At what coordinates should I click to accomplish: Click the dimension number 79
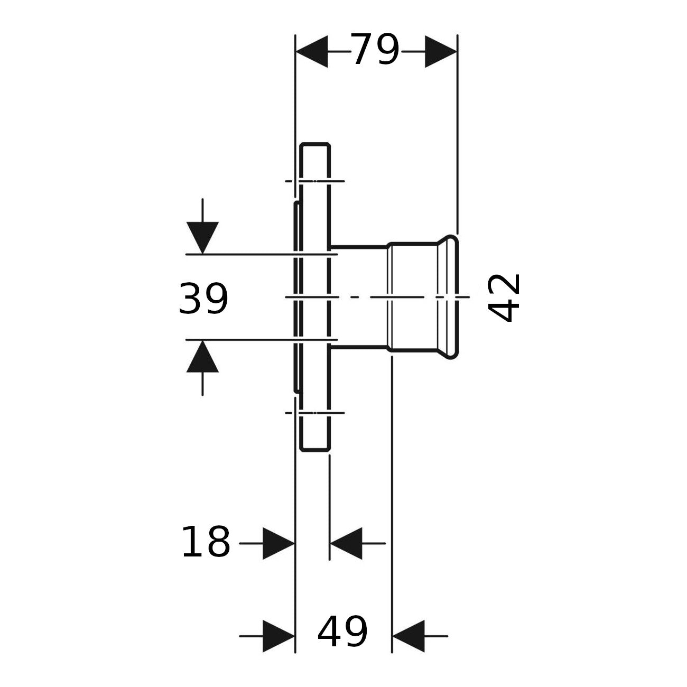coord(375,50)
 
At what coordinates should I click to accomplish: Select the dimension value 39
coord(203,299)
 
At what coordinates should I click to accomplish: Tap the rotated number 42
coord(504,298)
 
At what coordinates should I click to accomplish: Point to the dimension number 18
coord(206,543)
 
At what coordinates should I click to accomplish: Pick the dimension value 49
coord(342,632)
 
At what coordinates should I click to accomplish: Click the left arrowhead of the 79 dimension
coord(312,51)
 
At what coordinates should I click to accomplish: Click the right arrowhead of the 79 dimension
coord(441,51)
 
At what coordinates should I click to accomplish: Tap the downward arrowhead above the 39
coord(202,238)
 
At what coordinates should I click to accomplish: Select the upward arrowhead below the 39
coord(202,356)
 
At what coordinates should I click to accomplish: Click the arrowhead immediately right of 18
coord(279,543)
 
